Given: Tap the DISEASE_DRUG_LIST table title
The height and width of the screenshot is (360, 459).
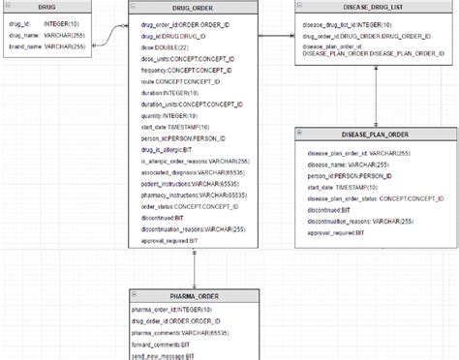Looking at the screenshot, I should (x=366, y=6).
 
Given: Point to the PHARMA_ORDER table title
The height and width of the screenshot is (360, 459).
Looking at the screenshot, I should (x=194, y=295).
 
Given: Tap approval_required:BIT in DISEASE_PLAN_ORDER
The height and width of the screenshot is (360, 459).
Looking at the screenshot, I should (x=337, y=232).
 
